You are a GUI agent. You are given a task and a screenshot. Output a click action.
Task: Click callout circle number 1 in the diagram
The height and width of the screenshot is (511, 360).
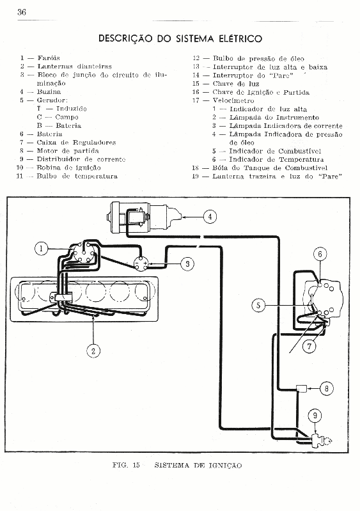(41, 249)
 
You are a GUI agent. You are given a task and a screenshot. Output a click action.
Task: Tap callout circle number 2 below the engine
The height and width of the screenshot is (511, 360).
(93, 350)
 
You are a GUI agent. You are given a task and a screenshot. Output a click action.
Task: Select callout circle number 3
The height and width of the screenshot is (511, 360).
(187, 263)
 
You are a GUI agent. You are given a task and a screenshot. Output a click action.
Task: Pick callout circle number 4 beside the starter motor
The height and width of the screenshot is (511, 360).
(210, 216)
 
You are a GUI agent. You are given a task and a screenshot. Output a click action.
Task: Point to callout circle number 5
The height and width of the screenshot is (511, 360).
(258, 305)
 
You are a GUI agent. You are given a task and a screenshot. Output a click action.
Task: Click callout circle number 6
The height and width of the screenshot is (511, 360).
(320, 254)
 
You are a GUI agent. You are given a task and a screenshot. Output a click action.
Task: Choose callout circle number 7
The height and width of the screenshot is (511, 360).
(309, 346)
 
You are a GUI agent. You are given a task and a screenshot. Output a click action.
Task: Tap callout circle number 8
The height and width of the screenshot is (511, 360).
(327, 388)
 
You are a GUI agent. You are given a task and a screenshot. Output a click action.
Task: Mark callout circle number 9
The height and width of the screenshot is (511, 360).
(315, 415)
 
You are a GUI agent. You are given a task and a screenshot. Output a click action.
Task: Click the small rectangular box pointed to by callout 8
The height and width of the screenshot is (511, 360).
(301, 388)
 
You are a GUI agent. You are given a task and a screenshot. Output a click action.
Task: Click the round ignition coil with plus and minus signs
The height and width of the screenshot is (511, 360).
(141, 263)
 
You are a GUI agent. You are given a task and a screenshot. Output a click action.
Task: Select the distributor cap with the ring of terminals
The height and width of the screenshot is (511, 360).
(83, 252)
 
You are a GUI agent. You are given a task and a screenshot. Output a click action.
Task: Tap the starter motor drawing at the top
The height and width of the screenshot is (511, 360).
(145, 217)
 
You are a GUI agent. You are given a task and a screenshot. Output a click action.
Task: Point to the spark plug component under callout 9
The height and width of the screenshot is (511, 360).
(321, 441)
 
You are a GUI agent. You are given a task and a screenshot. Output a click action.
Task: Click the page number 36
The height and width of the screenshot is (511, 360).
(22, 12)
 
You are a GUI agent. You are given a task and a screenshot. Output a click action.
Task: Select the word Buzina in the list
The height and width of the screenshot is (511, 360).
(49, 91)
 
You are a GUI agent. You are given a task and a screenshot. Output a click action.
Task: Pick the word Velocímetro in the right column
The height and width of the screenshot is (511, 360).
(233, 100)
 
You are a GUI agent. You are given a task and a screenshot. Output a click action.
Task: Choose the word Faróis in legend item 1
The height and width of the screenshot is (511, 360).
(49, 58)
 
